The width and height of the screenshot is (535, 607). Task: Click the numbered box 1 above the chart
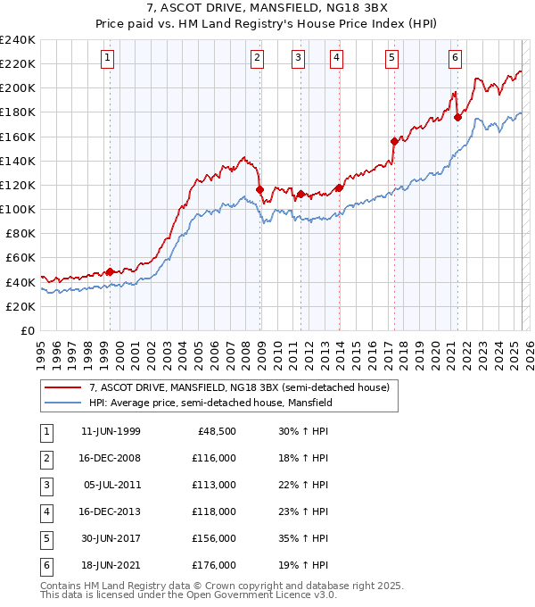click(x=107, y=58)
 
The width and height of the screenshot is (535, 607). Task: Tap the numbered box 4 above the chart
click(x=336, y=58)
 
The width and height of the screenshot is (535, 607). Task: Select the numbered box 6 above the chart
click(x=455, y=58)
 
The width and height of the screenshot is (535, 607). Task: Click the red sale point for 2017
click(x=394, y=141)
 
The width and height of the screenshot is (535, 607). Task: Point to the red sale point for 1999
click(x=110, y=271)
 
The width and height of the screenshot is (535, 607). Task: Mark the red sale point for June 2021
click(x=457, y=117)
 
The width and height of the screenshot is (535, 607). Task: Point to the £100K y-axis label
click(x=18, y=209)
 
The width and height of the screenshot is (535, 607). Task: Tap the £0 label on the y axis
click(x=27, y=330)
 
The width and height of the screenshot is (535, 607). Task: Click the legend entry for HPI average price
click(x=210, y=403)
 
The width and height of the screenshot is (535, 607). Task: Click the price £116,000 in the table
click(x=214, y=459)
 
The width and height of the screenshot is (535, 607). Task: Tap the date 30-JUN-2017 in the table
click(x=111, y=539)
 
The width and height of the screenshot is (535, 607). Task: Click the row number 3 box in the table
click(x=45, y=486)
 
